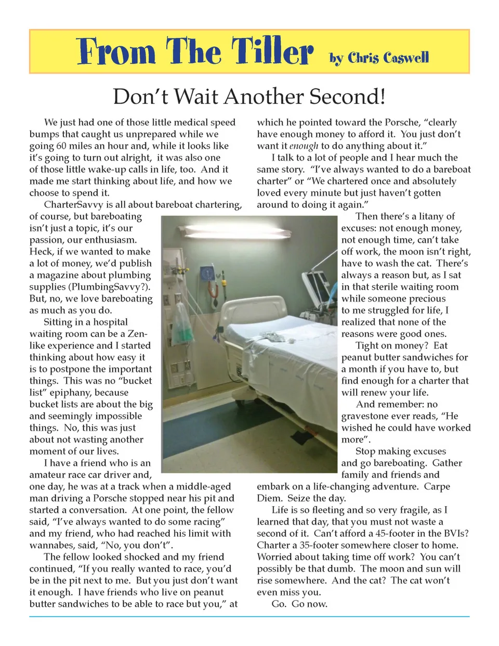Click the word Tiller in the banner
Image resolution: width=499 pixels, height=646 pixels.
272,51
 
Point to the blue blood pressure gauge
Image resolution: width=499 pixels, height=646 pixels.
208,274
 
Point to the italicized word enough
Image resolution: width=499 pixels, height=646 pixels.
304,146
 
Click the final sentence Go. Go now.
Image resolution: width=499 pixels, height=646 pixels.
299,604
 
